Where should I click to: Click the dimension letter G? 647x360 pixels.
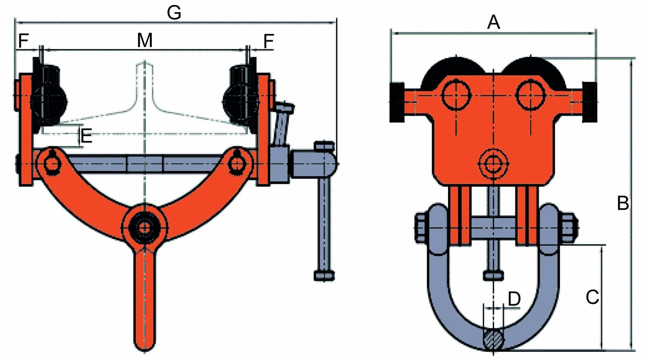point(174,13)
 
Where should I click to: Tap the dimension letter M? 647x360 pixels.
point(145,40)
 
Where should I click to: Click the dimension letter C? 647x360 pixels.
point(592,297)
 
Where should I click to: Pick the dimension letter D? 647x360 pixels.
point(514,298)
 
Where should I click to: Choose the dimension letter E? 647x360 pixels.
point(86,136)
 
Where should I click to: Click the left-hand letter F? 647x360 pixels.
point(23,41)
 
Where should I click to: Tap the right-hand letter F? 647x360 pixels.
point(269,41)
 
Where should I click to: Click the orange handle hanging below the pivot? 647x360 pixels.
point(145,300)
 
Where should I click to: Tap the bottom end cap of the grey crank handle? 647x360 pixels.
point(324,275)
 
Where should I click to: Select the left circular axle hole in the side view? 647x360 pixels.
point(456,95)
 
